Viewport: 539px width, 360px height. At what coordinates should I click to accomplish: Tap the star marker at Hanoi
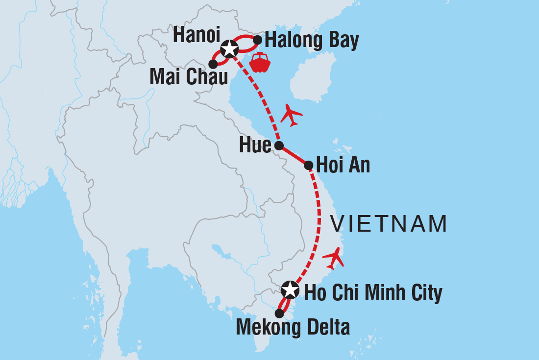click(229, 48)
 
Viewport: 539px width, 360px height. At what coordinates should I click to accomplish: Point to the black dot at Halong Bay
click(257, 39)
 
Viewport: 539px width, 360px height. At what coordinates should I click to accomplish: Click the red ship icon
click(260, 62)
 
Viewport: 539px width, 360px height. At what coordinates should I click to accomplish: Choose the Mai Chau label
click(189, 76)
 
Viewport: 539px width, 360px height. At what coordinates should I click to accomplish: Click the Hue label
click(255, 145)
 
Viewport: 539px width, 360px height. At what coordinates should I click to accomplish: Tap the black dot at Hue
click(278, 145)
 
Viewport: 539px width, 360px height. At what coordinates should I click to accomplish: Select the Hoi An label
click(343, 165)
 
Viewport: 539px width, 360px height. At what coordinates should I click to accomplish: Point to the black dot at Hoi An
click(308, 165)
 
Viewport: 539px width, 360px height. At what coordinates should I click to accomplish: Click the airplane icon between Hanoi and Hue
click(291, 116)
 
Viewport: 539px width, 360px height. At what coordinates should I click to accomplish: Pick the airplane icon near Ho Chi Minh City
click(334, 258)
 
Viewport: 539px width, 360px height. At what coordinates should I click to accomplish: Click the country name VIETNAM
click(389, 224)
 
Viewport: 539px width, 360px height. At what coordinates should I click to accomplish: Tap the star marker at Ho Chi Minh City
click(290, 289)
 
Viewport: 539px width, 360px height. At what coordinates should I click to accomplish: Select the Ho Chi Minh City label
click(373, 293)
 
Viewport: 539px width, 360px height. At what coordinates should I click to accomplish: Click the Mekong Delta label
click(293, 327)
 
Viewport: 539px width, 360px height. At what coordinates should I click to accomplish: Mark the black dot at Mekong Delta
click(279, 313)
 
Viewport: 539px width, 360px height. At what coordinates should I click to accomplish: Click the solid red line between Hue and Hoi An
click(294, 155)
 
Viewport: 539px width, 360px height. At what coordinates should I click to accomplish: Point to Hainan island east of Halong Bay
click(314, 78)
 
